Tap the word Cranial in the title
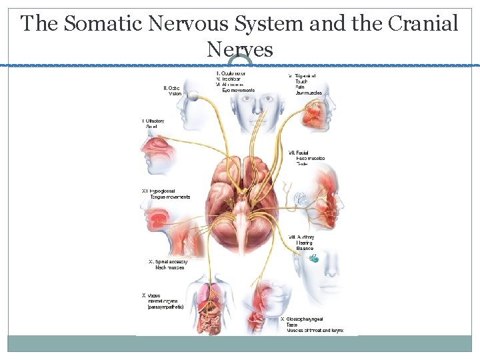[x=421, y=24]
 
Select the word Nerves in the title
[x=240, y=49]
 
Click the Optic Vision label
[x=172, y=91]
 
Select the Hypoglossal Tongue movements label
[x=167, y=194]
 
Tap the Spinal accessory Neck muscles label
[x=167, y=265]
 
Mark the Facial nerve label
[x=307, y=157]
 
